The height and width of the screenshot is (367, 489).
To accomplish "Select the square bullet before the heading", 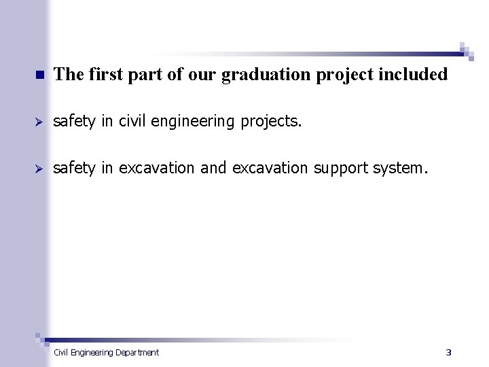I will [x=39, y=75].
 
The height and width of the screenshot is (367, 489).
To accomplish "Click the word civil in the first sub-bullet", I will [x=130, y=121].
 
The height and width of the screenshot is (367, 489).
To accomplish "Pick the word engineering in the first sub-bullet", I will [x=181, y=121].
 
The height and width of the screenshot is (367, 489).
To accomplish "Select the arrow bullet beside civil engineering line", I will [x=39, y=122].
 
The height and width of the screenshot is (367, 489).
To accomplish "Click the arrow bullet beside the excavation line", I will [x=39, y=168].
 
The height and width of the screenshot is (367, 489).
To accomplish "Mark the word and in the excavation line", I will [x=213, y=167].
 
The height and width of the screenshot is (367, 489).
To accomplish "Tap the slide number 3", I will [x=448, y=352].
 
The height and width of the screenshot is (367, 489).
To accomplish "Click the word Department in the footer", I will [x=137, y=352].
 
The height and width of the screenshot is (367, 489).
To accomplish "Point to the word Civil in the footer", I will [x=60, y=352].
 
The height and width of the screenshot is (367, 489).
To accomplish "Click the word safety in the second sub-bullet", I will [x=75, y=167].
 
